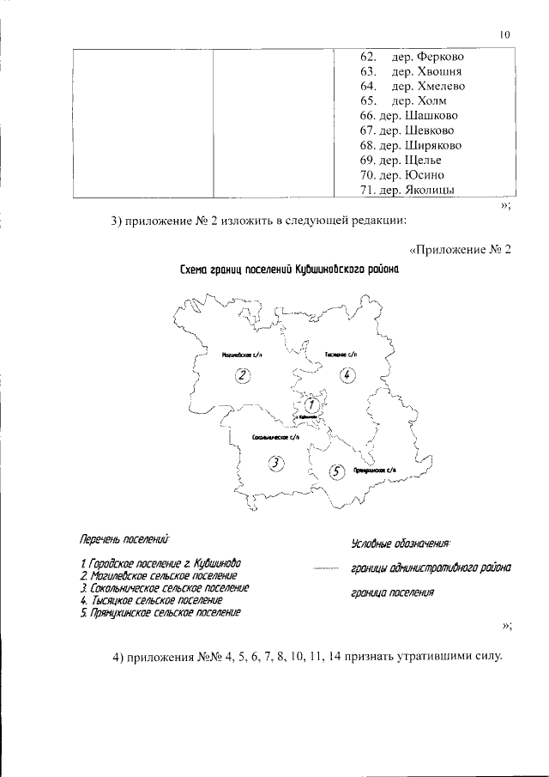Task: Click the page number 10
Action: tap(504, 35)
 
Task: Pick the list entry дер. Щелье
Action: tap(413, 160)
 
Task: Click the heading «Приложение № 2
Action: tap(460, 249)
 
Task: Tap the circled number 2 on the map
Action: tap(243, 375)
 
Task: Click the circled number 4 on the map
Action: tap(346, 374)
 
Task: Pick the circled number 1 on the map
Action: tap(314, 404)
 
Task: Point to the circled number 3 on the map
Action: tap(275, 464)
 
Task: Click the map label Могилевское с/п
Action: tap(242, 353)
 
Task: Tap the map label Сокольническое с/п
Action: tap(274, 438)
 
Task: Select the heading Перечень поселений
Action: tap(125, 541)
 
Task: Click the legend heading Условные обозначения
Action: tap(401, 543)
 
